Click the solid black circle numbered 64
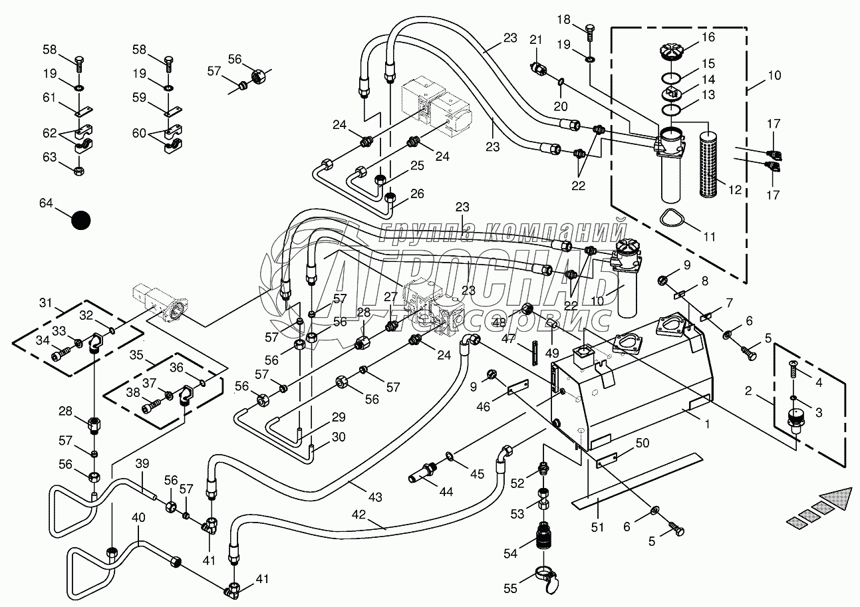(80, 220)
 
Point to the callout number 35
(136, 354)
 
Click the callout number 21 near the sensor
(537, 41)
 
